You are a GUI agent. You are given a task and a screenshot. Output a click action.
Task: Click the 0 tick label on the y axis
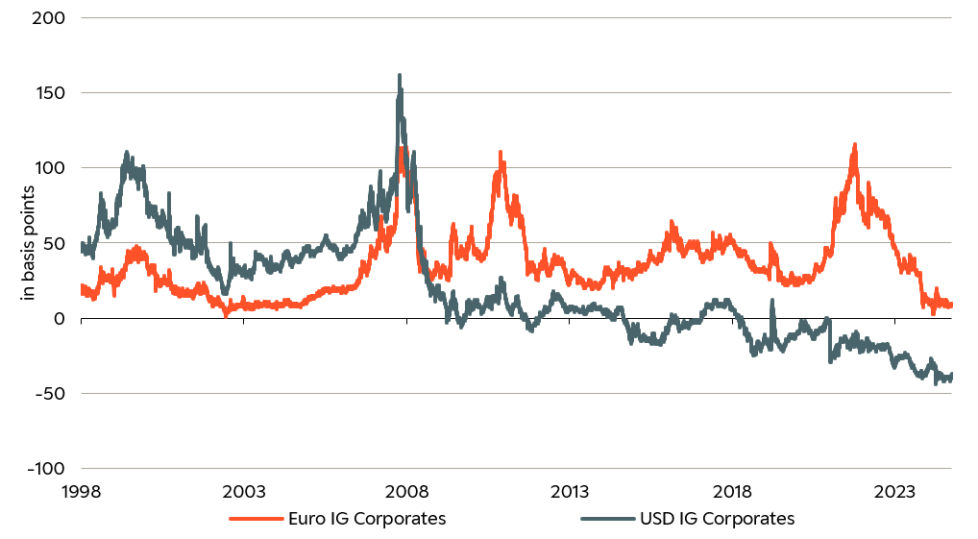[x=59, y=318]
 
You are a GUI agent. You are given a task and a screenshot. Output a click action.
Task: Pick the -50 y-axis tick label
[x=50, y=393]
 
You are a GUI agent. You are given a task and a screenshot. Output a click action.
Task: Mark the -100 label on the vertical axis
[x=46, y=468]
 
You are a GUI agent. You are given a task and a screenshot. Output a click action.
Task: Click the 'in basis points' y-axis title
[x=28, y=243]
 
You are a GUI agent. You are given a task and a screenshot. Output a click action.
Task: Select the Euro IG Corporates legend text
[x=367, y=519]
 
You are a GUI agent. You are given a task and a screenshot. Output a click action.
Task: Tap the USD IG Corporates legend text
[x=717, y=519]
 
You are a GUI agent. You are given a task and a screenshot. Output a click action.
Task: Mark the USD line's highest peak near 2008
[x=400, y=76]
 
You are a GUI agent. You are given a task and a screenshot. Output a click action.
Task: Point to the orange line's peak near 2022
[x=854, y=145]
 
